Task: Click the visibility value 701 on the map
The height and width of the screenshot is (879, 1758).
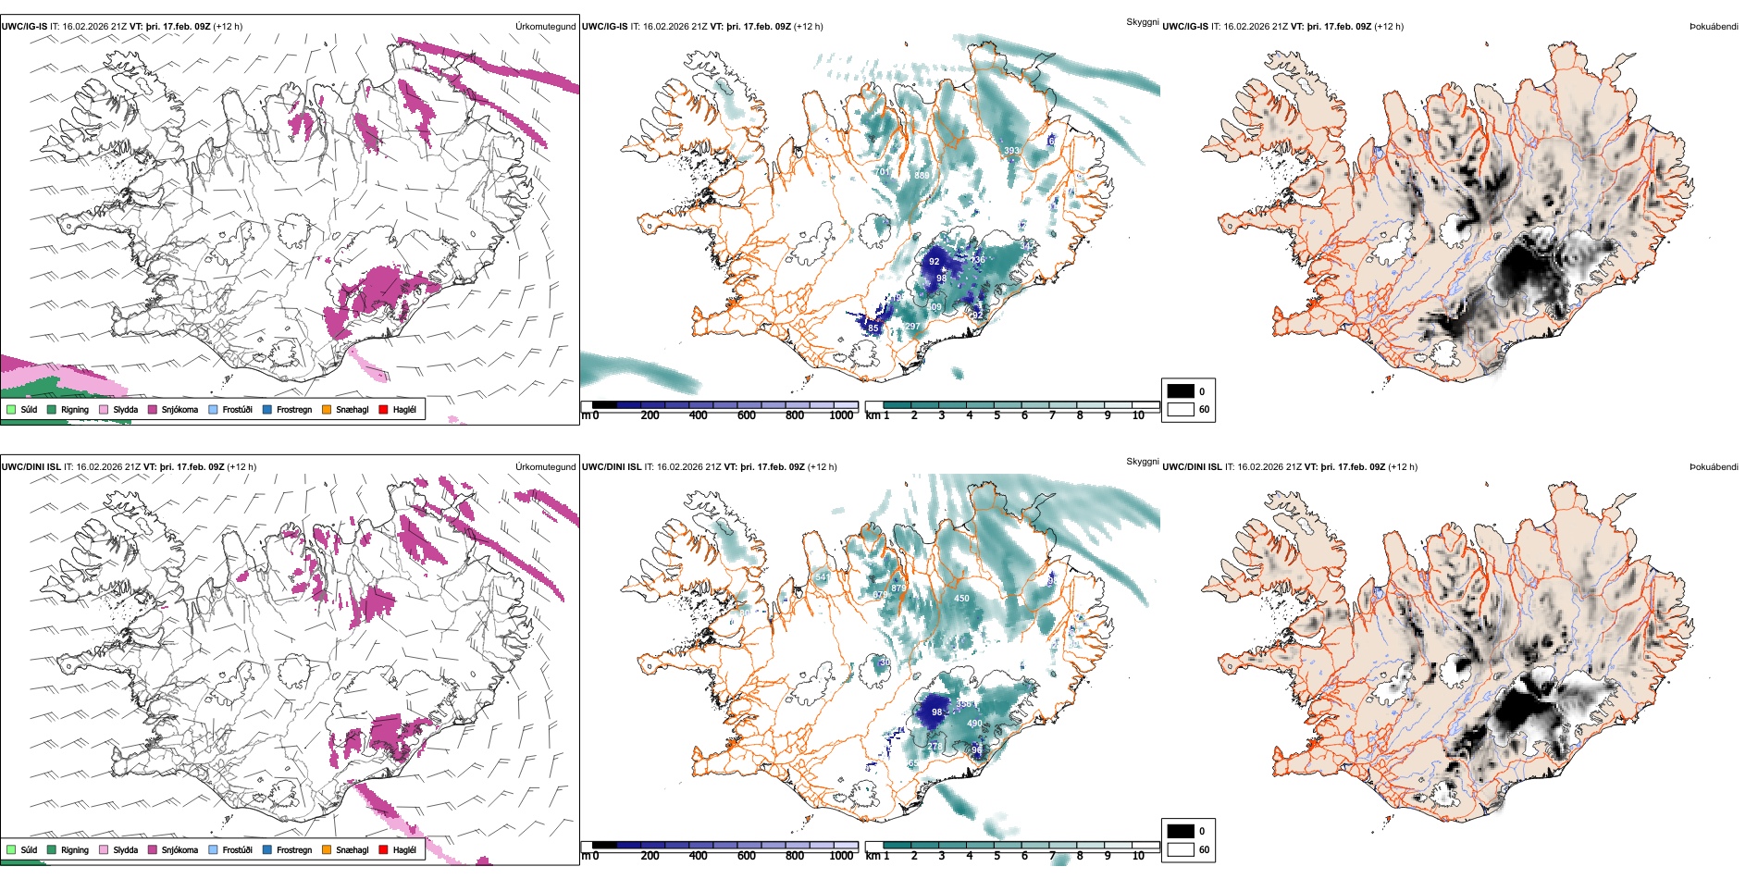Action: (882, 172)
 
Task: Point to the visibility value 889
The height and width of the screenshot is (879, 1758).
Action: (922, 176)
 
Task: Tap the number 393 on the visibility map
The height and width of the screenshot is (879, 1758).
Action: (1011, 151)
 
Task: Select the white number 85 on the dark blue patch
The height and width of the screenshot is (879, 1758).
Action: (873, 328)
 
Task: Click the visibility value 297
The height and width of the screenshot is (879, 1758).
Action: (912, 327)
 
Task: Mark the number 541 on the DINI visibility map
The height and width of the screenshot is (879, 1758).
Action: (823, 577)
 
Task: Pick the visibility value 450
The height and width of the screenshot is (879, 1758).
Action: (961, 599)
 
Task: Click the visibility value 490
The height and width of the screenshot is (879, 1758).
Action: (974, 724)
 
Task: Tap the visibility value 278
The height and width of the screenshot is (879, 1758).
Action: (935, 747)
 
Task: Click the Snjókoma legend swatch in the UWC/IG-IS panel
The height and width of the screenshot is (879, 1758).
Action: (153, 409)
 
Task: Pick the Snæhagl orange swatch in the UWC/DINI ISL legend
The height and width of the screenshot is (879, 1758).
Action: (327, 849)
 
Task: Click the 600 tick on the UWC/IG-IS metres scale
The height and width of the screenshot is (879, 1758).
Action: (746, 415)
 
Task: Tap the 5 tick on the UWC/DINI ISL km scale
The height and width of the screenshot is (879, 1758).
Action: (997, 856)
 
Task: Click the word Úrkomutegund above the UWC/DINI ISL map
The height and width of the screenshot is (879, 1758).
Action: (545, 466)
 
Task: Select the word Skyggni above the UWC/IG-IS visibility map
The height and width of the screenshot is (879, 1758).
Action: (1142, 21)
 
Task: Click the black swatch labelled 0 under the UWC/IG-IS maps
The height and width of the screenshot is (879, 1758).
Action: (1181, 391)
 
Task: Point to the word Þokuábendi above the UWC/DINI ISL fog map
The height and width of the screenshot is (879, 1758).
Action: (1714, 466)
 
